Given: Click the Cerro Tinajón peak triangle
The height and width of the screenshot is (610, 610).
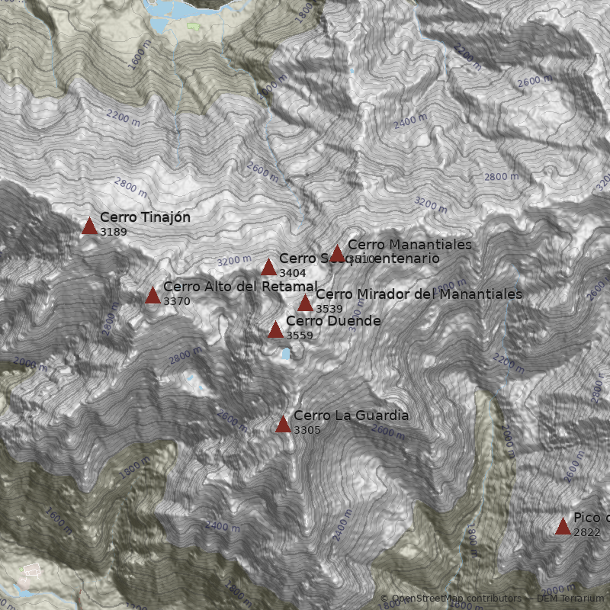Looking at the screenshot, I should point(89,226).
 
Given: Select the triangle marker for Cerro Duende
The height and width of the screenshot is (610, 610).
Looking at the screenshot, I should point(275,329).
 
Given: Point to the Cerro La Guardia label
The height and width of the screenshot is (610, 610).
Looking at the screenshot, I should point(351,416).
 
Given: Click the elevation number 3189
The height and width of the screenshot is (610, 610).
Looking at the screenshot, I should point(114,232).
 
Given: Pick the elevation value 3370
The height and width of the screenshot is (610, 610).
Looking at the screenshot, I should point(177,301).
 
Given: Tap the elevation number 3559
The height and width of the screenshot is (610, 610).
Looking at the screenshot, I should point(300,335).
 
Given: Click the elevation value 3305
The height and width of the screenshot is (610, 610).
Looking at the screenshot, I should point(307,430).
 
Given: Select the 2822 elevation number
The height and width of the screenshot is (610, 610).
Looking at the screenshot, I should point(587,532).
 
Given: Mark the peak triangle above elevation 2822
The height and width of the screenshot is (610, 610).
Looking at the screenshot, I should point(563,526).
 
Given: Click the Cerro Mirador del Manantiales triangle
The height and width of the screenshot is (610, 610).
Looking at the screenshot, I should point(305,303).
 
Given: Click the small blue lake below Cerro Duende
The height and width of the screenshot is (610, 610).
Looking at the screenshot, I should point(285,354).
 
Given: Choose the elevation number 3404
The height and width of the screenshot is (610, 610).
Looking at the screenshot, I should point(293,272).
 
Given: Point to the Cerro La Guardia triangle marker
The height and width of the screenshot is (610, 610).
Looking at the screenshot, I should point(283,424).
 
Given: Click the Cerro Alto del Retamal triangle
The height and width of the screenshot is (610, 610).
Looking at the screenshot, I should point(152,295).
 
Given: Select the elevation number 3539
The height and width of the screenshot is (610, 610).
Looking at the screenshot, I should point(329,308).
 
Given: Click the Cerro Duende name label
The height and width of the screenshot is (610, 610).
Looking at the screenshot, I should point(333,321).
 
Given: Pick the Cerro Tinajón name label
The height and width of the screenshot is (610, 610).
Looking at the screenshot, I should point(145,217).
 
